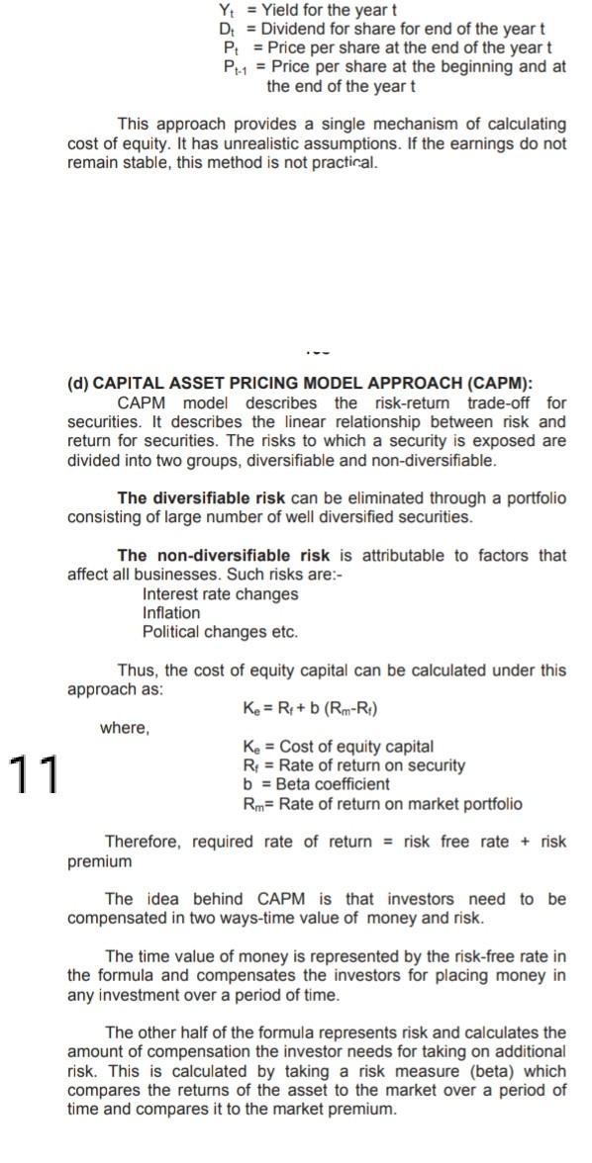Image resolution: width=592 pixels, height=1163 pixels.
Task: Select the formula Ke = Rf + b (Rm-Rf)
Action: pyautogui.click(x=310, y=708)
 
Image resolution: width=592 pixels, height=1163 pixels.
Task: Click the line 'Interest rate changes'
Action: pyautogui.click(x=220, y=594)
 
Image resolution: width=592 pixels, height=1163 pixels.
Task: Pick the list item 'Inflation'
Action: pyautogui.click(x=171, y=613)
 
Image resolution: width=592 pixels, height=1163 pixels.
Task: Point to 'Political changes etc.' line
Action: pyautogui.click(x=220, y=632)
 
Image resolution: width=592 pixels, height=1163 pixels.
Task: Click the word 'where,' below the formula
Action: pyautogui.click(x=125, y=729)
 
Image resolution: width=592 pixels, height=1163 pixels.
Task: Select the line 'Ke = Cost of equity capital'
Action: pyautogui.click(x=337, y=747)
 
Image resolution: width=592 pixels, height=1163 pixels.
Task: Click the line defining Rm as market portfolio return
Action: pyautogui.click(x=381, y=803)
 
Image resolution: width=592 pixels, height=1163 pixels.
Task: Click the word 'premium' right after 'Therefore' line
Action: pyautogui.click(x=99, y=861)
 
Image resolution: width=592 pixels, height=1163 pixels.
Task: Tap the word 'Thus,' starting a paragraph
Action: pyautogui.click(x=138, y=670)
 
